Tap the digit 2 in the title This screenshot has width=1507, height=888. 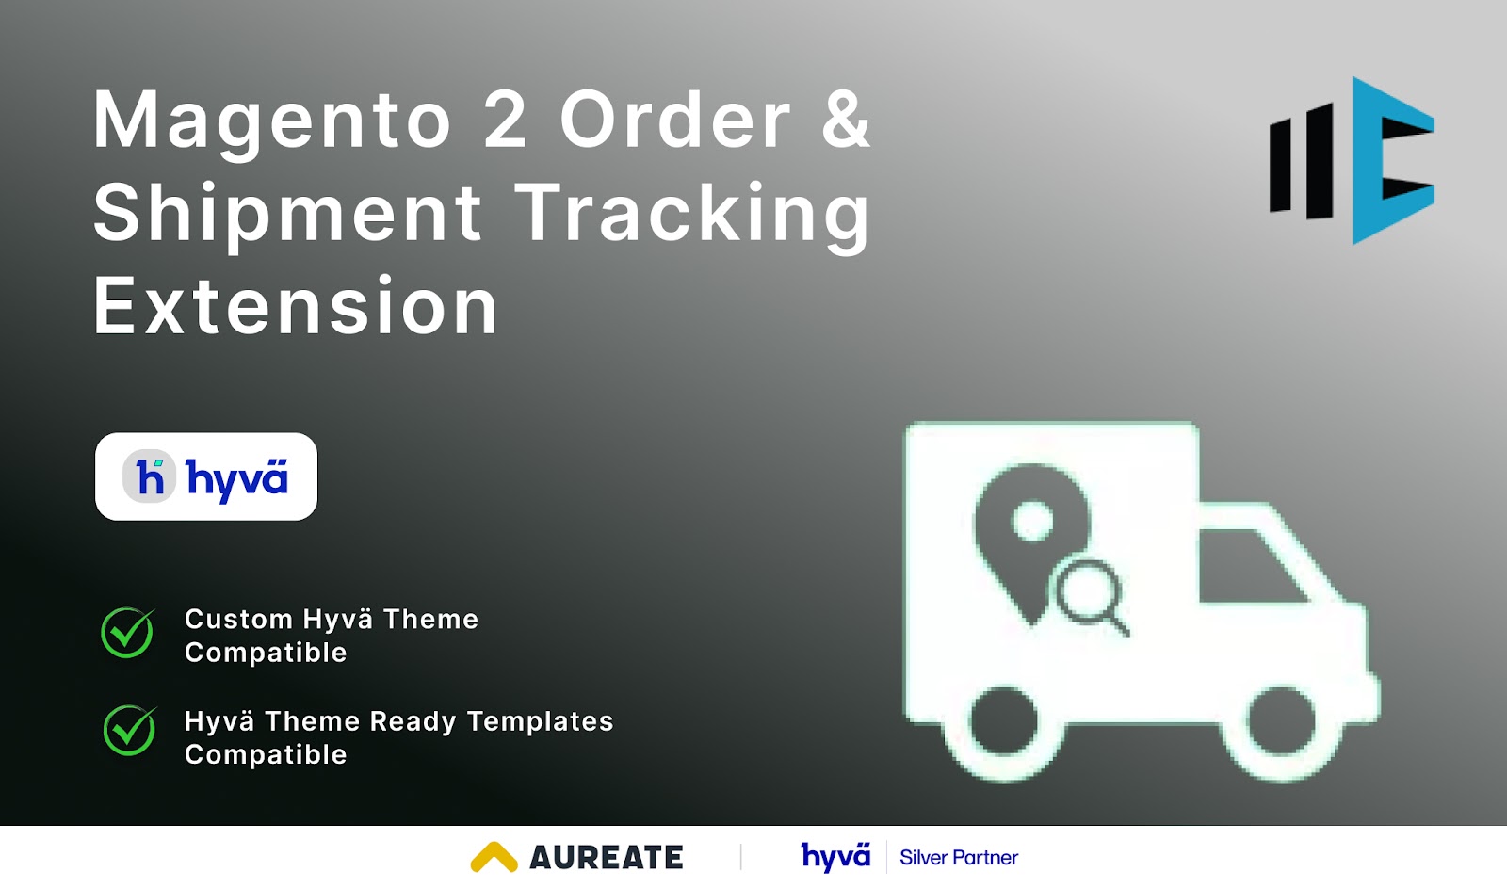505,120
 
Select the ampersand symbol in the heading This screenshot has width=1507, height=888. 845,120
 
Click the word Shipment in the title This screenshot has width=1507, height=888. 288,215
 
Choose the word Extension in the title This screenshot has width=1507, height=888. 295,307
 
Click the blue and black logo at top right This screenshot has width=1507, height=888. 1352,160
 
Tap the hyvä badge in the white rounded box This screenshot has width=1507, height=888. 206,476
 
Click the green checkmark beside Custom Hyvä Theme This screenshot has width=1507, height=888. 128,632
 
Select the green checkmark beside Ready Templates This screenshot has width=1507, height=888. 129,730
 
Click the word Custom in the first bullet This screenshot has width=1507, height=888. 238,620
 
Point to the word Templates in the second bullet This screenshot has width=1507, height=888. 540,721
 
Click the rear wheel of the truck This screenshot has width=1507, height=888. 1004,722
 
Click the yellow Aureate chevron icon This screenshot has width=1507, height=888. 494,857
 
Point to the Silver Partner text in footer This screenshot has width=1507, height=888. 958,858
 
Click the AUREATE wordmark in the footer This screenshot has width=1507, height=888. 607,858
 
